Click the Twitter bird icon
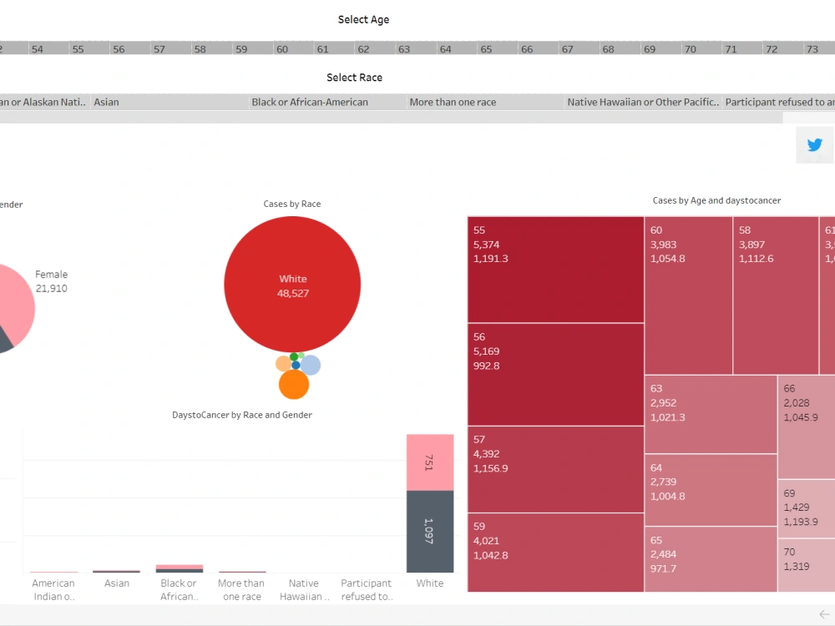coord(815,145)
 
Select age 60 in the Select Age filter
coord(282,49)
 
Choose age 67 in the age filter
coord(567,49)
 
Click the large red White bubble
coord(292,285)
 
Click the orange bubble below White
coord(294,385)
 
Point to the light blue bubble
coord(311,365)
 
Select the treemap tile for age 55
coord(555,269)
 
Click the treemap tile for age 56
coord(555,374)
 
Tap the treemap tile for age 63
coord(710,414)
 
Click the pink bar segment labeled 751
coord(430,462)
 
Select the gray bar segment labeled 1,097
coord(430,531)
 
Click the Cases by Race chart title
coord(292,204)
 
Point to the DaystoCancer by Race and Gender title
coord(242,415)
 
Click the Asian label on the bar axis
coord(117,583)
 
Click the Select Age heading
coord(363,19)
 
